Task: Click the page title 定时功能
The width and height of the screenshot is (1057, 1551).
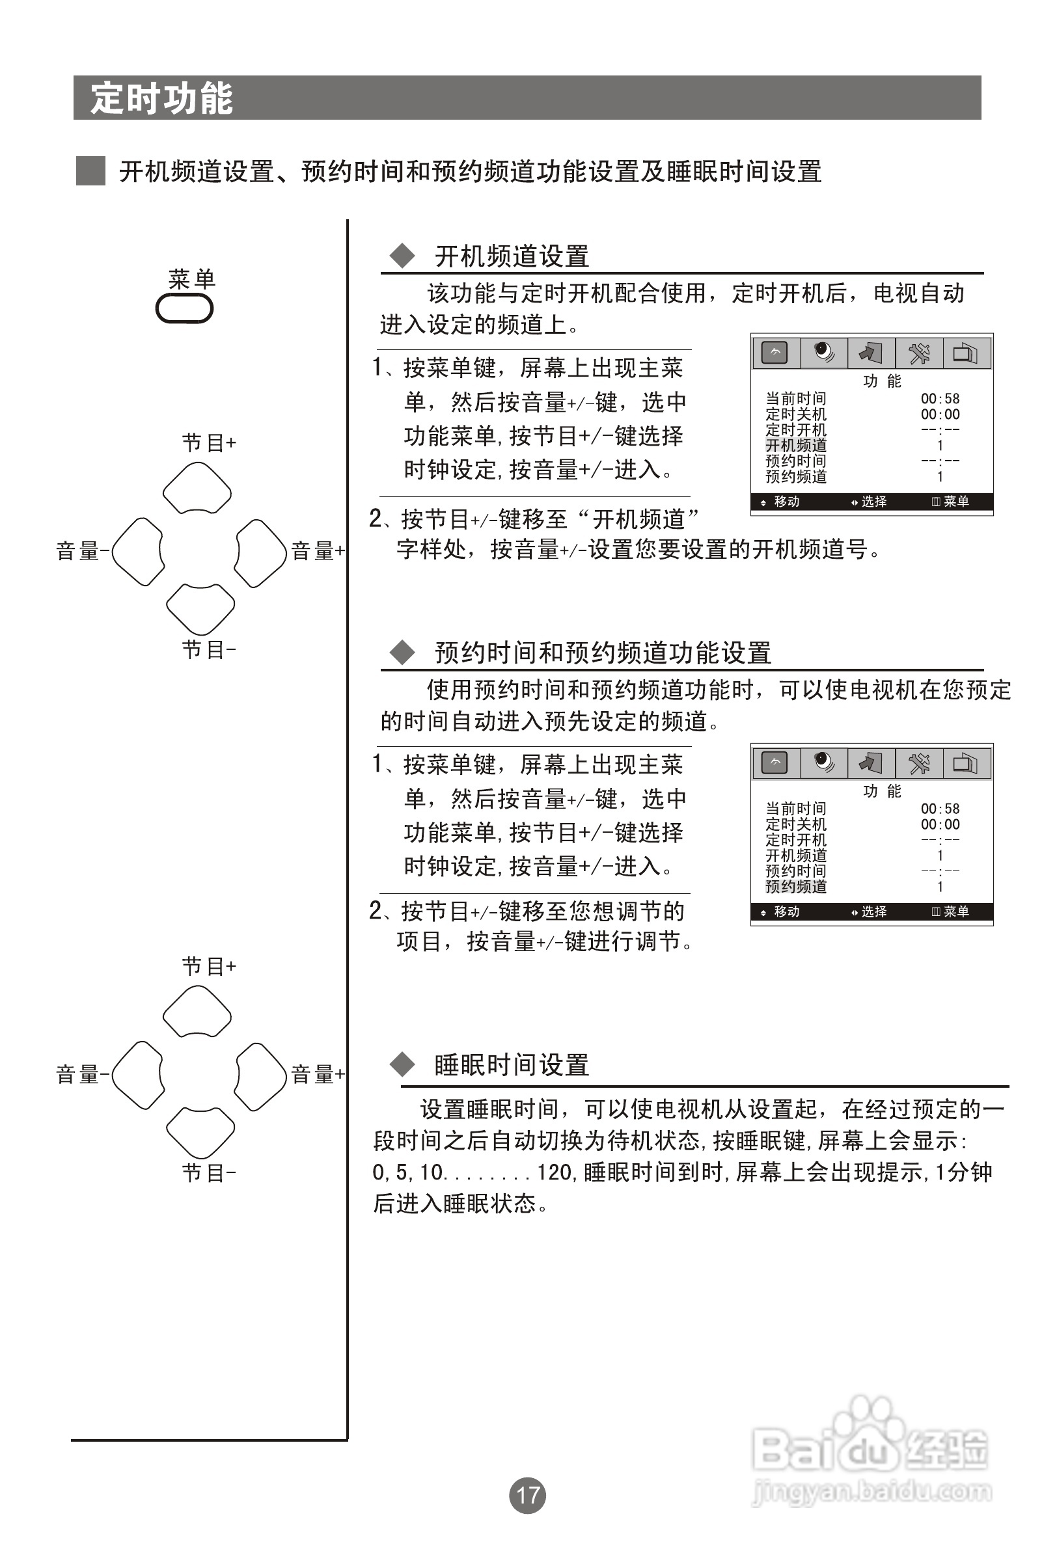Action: pyautogui.click(x=161, y=99)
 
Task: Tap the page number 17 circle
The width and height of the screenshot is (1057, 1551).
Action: pyautogui.click(x=527, y=1495)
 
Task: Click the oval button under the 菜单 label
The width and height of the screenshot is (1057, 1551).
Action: pyautogui.click(x=184, y=309)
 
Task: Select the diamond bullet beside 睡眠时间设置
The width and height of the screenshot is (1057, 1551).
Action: pyautogui.click(x=402, y=1064)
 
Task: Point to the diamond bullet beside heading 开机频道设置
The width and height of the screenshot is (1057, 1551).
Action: pyautogui.click(x=402, y=256)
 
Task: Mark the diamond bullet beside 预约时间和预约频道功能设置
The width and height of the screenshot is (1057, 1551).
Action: pyautogui.click(x=402, y=652)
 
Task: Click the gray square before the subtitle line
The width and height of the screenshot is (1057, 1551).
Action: pyautogui.click(x=91, y=171)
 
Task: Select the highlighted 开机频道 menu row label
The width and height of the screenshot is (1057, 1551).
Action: pyautogui.click(x=796, y=445)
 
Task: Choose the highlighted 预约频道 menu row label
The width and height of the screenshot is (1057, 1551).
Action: pyautogui.click(x=796, y=886)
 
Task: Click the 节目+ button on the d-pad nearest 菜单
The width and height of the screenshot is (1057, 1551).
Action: pyautogui.click(x=197, y=489)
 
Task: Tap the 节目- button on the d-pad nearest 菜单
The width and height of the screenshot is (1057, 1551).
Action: pyautogui.click(x=200, y=608)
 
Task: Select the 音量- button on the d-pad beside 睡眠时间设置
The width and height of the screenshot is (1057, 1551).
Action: pyautogui.click(x=137, y=1075)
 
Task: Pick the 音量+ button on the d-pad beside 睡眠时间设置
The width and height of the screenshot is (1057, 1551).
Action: pyautogui.click(x=260, y=1077)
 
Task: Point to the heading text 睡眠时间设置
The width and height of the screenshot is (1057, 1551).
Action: pyautogui.click(x=512, y=1065)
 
